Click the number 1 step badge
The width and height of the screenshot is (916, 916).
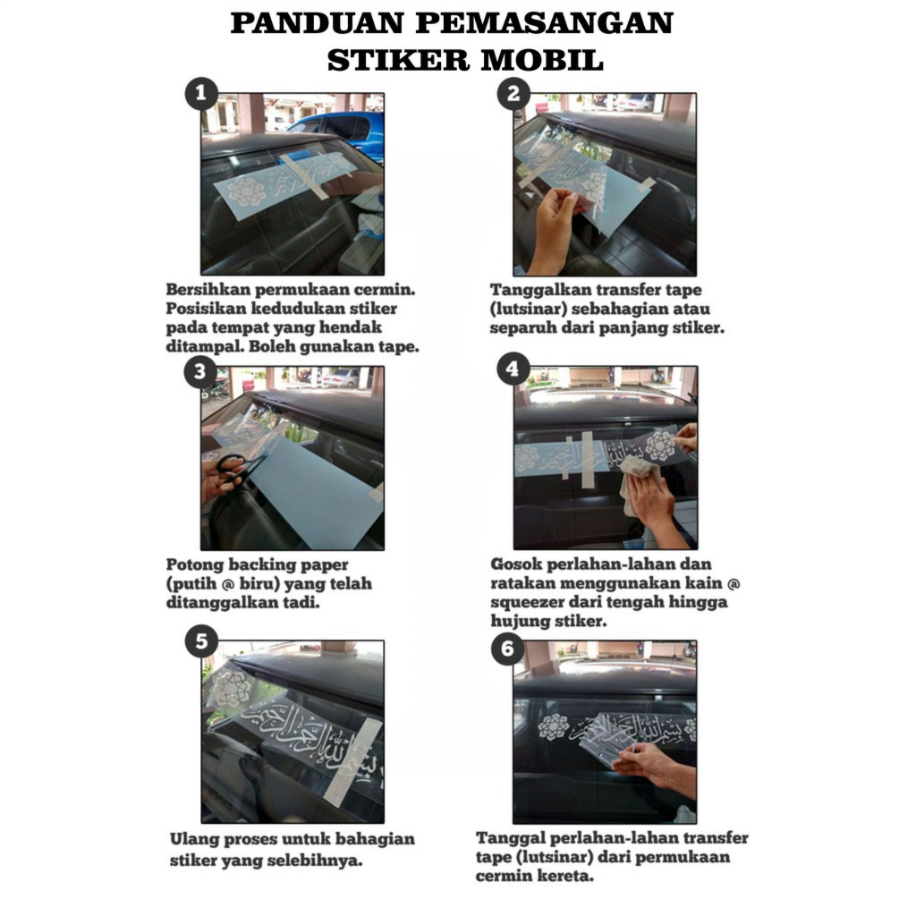click(201, 93)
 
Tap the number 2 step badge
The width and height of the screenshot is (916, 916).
click(513, 93)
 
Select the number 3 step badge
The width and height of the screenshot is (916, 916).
click(199, 371)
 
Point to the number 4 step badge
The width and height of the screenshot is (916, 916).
click(513, 369)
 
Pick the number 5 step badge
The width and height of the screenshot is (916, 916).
click(201, 641)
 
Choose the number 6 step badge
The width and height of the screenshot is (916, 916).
click(508, 649)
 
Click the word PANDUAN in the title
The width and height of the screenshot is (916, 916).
click(318, 23)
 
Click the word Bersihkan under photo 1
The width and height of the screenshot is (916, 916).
click(208, 289)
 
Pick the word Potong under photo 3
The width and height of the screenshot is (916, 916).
click(194, 565)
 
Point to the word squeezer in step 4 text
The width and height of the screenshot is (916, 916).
click(528, 602)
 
